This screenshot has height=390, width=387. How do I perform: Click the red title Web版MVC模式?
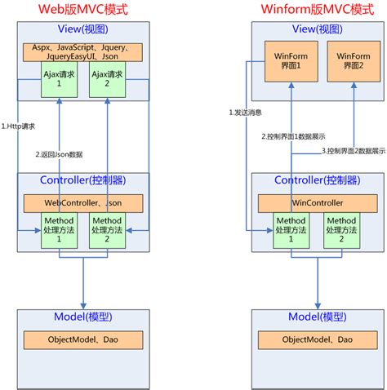pos(82,9)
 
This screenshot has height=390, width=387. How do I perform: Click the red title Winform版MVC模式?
pos(318,9)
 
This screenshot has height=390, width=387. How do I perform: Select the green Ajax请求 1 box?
pos(59,79)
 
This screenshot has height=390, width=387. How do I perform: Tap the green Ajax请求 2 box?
pos(107,79)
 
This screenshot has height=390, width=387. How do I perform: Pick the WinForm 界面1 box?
pos(291,61)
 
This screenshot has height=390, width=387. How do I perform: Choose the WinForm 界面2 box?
pos(354,61)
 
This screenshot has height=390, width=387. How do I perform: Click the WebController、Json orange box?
pos(83,203)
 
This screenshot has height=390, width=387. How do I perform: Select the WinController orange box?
pos(318,203)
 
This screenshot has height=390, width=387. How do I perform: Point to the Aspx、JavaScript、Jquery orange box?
pos(82,52)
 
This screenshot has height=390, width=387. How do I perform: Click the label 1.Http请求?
pos(18,126)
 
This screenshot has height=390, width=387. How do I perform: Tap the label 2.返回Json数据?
pos(59,154)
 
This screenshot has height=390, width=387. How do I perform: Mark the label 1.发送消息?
pos(246,113)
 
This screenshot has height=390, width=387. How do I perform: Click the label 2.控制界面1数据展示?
pos(293,136)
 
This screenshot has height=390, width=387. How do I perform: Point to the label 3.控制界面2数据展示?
pos(354,151)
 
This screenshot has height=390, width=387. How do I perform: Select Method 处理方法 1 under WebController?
pos(59,230)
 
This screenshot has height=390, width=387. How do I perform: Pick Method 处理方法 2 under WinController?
pos(341,230)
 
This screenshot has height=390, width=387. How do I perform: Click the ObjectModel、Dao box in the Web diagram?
pos(83,340)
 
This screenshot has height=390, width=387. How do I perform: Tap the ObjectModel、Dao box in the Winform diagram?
pos(318,340)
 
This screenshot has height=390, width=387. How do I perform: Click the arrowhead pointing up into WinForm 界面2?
pos(354,85)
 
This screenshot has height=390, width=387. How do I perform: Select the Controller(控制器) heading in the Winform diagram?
pos(318,180)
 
